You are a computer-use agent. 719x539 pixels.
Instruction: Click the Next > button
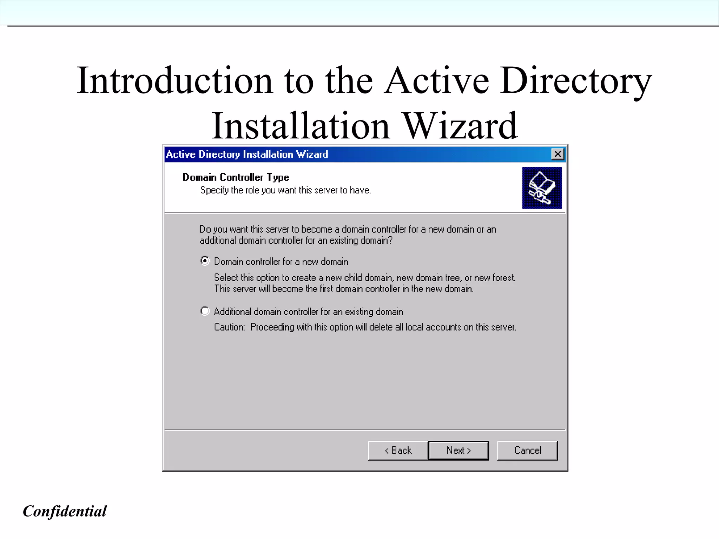(x=459, y=451)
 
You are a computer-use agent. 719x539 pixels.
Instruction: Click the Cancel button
(x=527, y=451)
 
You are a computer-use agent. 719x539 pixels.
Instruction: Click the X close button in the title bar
(x=558, y=154)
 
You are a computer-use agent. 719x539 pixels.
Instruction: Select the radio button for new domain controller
(x=205, y=261)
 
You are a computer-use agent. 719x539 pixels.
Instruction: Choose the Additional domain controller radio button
(x=205, y=311)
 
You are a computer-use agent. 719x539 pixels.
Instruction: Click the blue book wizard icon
(x=542, y=188)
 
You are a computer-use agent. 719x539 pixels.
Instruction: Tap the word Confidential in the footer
(x=65, y=511)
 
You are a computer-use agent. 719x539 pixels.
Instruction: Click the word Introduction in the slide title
(x=175, y=81)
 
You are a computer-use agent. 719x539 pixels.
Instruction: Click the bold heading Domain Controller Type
(x=236, y=177)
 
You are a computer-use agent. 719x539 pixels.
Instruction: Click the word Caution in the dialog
(x=229, y=327)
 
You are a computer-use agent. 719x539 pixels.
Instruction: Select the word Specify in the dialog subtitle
(x=214, y=190)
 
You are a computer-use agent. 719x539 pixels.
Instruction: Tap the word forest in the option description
(x=503, y=278)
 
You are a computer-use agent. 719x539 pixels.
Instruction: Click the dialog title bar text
(x=247, y=155)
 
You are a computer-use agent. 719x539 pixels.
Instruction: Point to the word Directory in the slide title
(x=576, y=81)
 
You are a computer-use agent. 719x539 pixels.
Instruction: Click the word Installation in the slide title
(x=301, y=126)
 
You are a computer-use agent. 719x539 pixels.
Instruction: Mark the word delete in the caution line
(x=381, y=327)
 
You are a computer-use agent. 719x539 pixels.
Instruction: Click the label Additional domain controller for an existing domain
(x=308, y=312)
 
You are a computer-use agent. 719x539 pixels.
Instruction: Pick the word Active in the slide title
(x=436, y=81)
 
